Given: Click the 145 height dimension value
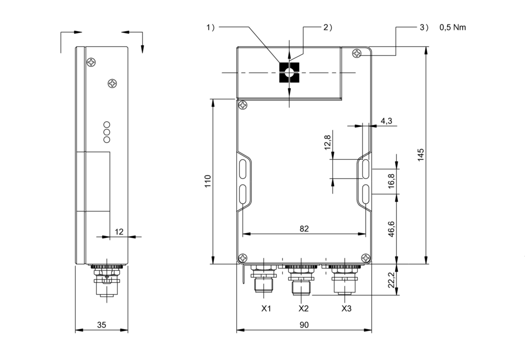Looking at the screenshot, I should click(x=420, y=155).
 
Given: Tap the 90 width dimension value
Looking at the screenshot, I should click(x=304, y=325).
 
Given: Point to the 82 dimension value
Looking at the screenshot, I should click(x=304, y=229).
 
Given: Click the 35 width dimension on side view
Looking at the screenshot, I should click(x=102, y=325).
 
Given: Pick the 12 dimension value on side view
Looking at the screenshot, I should click(x=119, y=231).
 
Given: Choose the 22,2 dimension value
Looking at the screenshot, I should click(x=391, y=280).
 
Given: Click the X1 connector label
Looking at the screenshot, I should click(x=266, y=308).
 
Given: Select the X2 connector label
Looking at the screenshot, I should click(x=303, y=308).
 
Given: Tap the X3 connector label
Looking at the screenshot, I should click(x=346, y=308).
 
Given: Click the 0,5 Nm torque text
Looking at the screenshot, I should click(x=452, y=27).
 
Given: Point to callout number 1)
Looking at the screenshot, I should click(x=211, y=27).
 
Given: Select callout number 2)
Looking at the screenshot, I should click(x=328, y=27).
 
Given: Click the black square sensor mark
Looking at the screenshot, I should click(x=289, y=72).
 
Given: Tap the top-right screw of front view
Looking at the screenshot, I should click(x=357, y=53).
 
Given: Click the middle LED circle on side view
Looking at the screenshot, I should click(x=107, y=132).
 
